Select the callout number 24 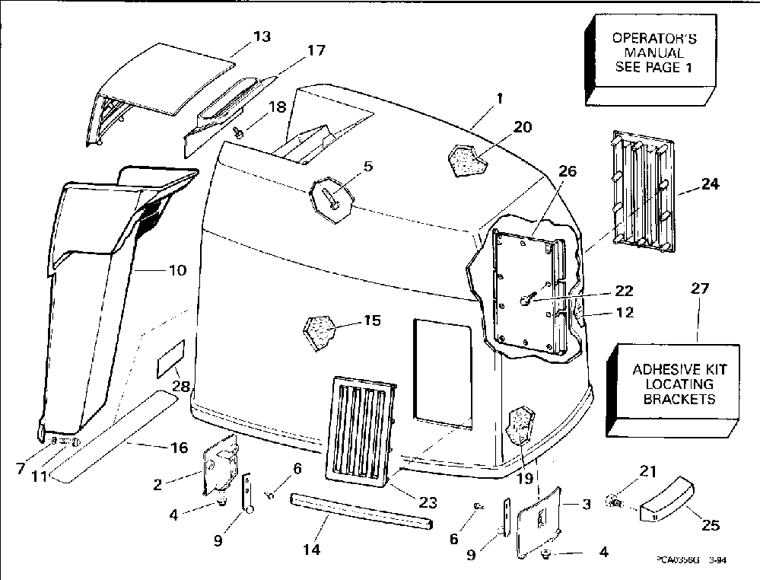(711, 183)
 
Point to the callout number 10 (176, 270)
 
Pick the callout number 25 (711, 524)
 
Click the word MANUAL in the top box (653, 53)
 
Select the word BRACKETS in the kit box (679, 399)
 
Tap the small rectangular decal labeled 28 (170, 359)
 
